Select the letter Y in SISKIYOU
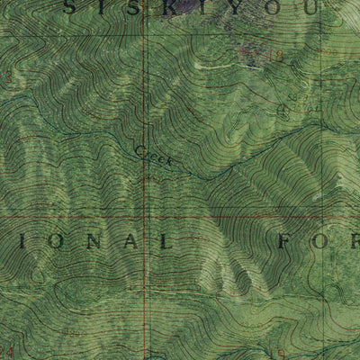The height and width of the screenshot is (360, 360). point(240,8)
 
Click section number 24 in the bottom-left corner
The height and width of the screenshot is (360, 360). point(8,351)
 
